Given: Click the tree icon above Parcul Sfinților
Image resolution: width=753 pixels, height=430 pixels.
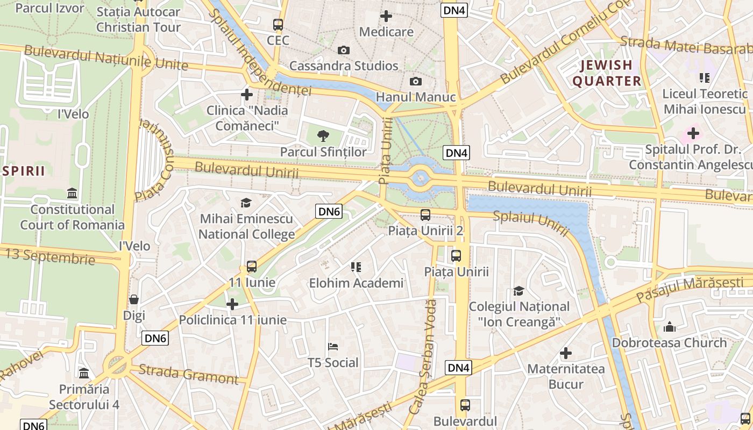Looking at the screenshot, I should (323, 135).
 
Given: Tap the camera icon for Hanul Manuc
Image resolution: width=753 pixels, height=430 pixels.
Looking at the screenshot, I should (415, 82).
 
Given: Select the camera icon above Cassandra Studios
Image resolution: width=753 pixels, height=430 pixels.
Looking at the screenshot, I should (343, 51).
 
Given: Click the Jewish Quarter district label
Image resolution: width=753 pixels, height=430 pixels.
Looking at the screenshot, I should (607, 73).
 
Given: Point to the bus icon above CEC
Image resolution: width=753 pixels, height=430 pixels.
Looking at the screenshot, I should (278, 25).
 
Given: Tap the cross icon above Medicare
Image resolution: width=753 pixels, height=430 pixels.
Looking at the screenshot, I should (386, 16).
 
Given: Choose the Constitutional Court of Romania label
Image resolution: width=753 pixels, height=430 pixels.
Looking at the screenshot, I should (72, 217).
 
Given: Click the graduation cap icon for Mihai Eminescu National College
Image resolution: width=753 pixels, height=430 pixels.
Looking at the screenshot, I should (246, 203).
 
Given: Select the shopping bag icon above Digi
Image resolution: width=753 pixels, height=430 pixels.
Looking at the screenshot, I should (134, 299).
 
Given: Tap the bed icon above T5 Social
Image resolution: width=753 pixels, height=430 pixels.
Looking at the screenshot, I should (333, 347).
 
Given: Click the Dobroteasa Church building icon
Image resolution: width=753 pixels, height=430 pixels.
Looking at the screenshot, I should (669, 326).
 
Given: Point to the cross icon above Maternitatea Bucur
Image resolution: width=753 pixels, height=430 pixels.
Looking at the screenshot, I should (566, 353).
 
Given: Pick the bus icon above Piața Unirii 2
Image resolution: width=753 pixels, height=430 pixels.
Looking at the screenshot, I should (425, 215).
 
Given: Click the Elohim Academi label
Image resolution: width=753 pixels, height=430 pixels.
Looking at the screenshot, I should (356, 283).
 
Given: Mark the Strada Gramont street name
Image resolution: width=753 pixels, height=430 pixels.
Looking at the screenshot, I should (188, 374).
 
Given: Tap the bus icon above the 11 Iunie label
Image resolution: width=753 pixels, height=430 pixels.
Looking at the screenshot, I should (252, 267).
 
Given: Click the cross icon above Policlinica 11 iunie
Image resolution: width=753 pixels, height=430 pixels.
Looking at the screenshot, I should (232, 305).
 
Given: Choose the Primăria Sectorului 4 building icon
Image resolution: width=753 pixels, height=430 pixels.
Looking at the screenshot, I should (84, 373).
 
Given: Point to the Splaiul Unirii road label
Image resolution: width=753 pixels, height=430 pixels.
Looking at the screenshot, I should (531, 223).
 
